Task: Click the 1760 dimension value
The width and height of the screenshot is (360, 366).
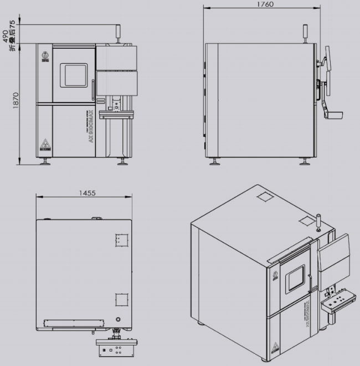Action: tap(265, 4)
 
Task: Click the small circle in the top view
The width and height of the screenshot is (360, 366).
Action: tap(119, 320)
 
